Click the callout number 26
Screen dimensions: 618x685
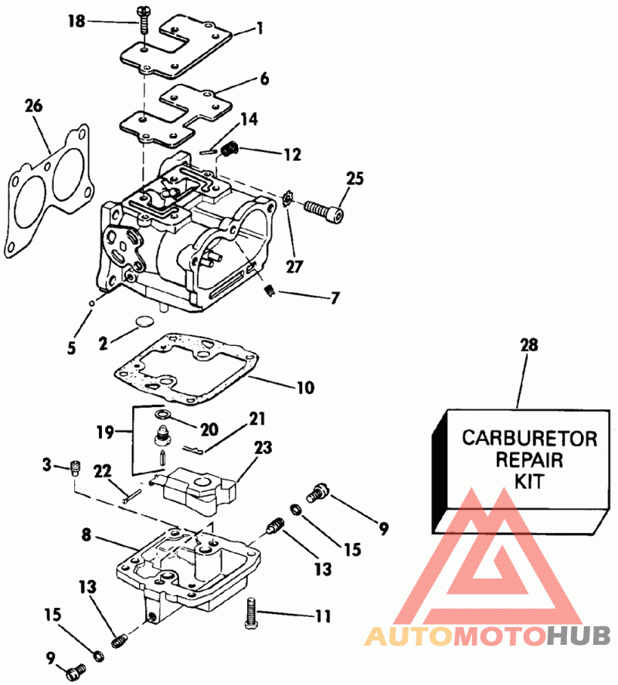(x=34, y=106)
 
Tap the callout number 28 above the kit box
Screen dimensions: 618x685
(x=529, y=344)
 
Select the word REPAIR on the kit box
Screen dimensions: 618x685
(x=529, y=459)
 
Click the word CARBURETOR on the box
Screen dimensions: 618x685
(x=529, y=438)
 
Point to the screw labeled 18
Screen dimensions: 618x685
(x=144, y=19)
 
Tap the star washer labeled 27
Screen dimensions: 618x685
(x=288, y=199)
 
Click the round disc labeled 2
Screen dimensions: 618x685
(x=144, y=321)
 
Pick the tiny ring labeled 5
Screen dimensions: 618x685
(x=91, y=303)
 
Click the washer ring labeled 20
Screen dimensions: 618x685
(x=161, y=413)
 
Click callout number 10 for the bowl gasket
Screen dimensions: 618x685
(x=305, y=388)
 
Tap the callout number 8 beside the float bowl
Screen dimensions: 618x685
(x=86, y=534)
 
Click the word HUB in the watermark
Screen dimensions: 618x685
(x=579, y=636)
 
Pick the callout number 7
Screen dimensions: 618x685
(x=334, y=298)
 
